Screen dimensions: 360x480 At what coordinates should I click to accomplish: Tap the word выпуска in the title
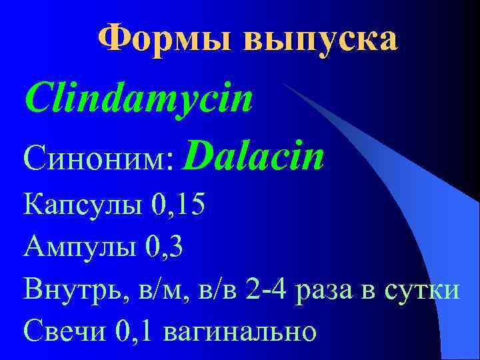coord(321,40)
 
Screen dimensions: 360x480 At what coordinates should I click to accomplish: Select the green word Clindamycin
coord(139,99)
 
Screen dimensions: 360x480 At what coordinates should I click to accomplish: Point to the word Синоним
coord(95,160)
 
